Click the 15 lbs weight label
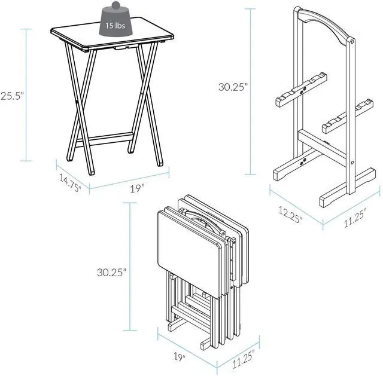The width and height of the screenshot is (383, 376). coord(114,26)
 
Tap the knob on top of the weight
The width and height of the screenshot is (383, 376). coord(114,5)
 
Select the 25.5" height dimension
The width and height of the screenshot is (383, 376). coord(11,95)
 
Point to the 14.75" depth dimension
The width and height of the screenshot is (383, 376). coord(70,181)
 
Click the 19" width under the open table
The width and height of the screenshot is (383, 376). coord(138,188)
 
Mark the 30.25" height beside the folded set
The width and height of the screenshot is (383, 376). coord(112,272)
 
